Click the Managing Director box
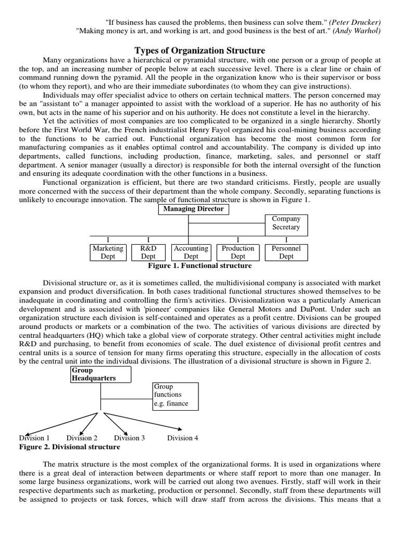[193, 209]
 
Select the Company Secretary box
[286, 223]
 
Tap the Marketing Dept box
[108, 252]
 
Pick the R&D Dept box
[148, 252]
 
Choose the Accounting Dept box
[191, 252]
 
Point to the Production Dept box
[238, 252]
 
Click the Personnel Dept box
[286, 252]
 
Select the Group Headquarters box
[101, 374]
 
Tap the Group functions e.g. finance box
[175, 395]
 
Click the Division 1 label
[35, 438]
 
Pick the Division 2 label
[82, 438]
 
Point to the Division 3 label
[129, 438]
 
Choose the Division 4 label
[182, 438]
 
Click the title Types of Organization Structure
[200, 50]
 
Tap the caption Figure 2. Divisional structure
[69, 447]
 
